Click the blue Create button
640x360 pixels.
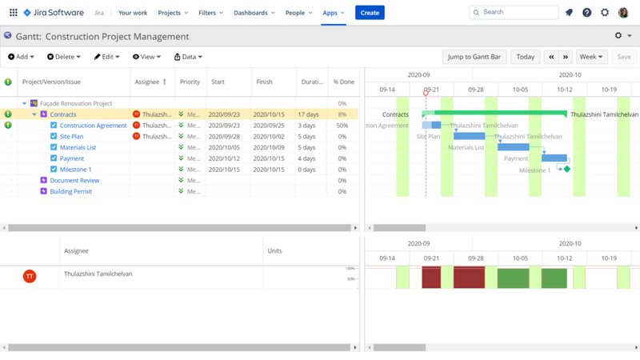[370, 13]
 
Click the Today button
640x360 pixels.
[525, 57]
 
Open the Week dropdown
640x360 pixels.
[591, 57]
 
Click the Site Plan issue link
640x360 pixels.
[71, 137]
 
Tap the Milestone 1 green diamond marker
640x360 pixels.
[566, 169]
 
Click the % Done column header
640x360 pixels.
[343, 82]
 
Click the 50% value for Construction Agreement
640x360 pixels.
[342, 126]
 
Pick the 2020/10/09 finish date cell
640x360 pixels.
[269, 147]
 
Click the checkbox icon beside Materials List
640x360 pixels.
[54, 147]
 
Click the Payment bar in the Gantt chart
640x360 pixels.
[554, 158]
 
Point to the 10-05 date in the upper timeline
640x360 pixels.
[520, 90]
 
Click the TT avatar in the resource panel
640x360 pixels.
[30, 276]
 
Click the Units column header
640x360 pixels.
[274, 251]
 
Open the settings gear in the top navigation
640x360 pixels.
[605, 13]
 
